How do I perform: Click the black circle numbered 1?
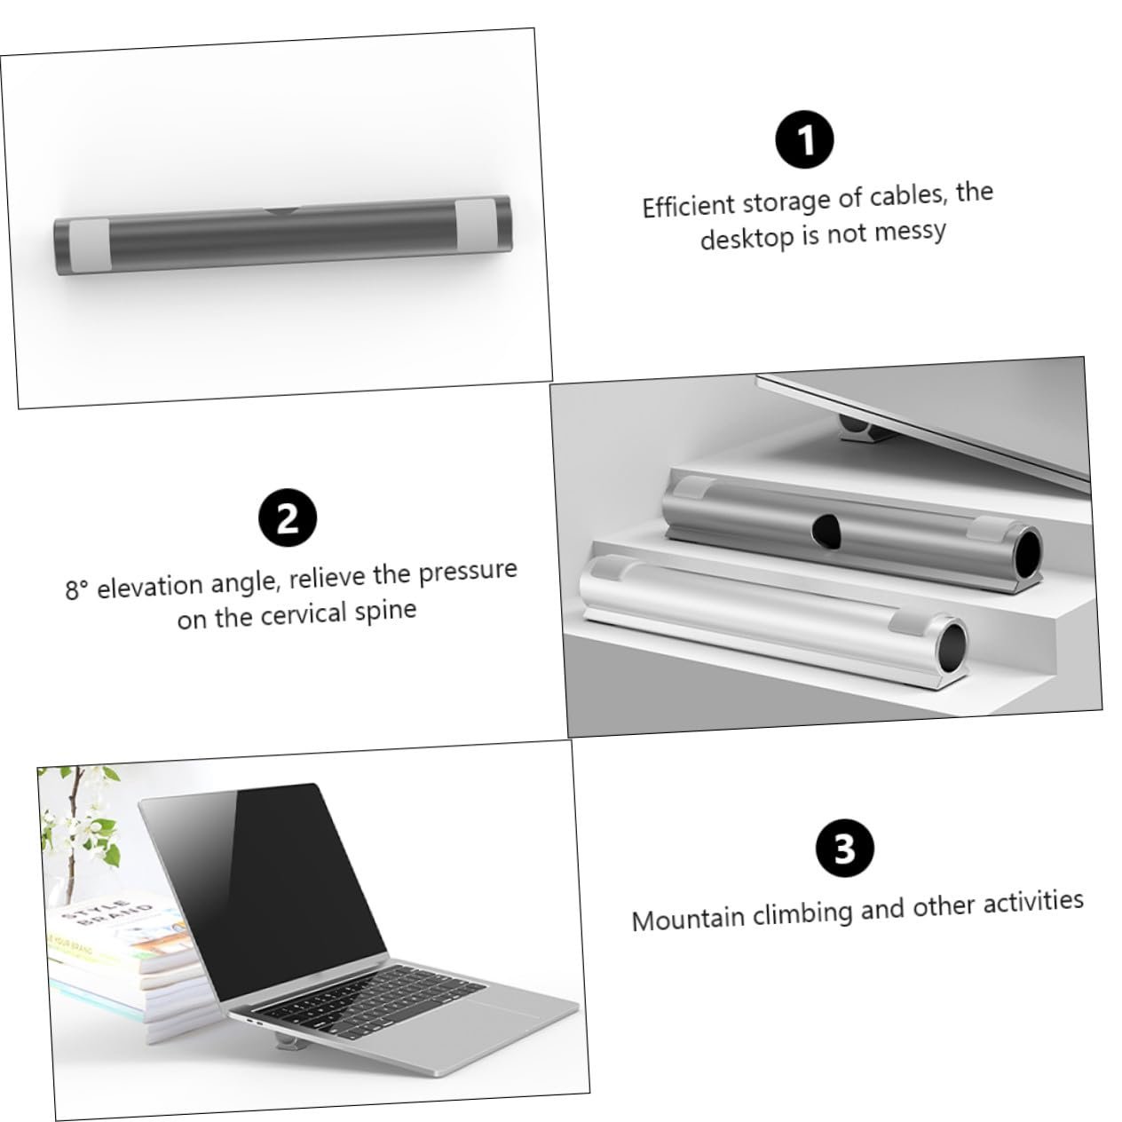pos(804,139)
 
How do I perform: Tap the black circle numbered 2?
pos(288,517)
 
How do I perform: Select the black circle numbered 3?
pos(845,848)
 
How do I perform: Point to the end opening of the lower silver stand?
pos(952,644)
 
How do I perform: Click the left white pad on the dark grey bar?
pos(90,244)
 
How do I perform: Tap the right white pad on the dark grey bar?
pos(475,225)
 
